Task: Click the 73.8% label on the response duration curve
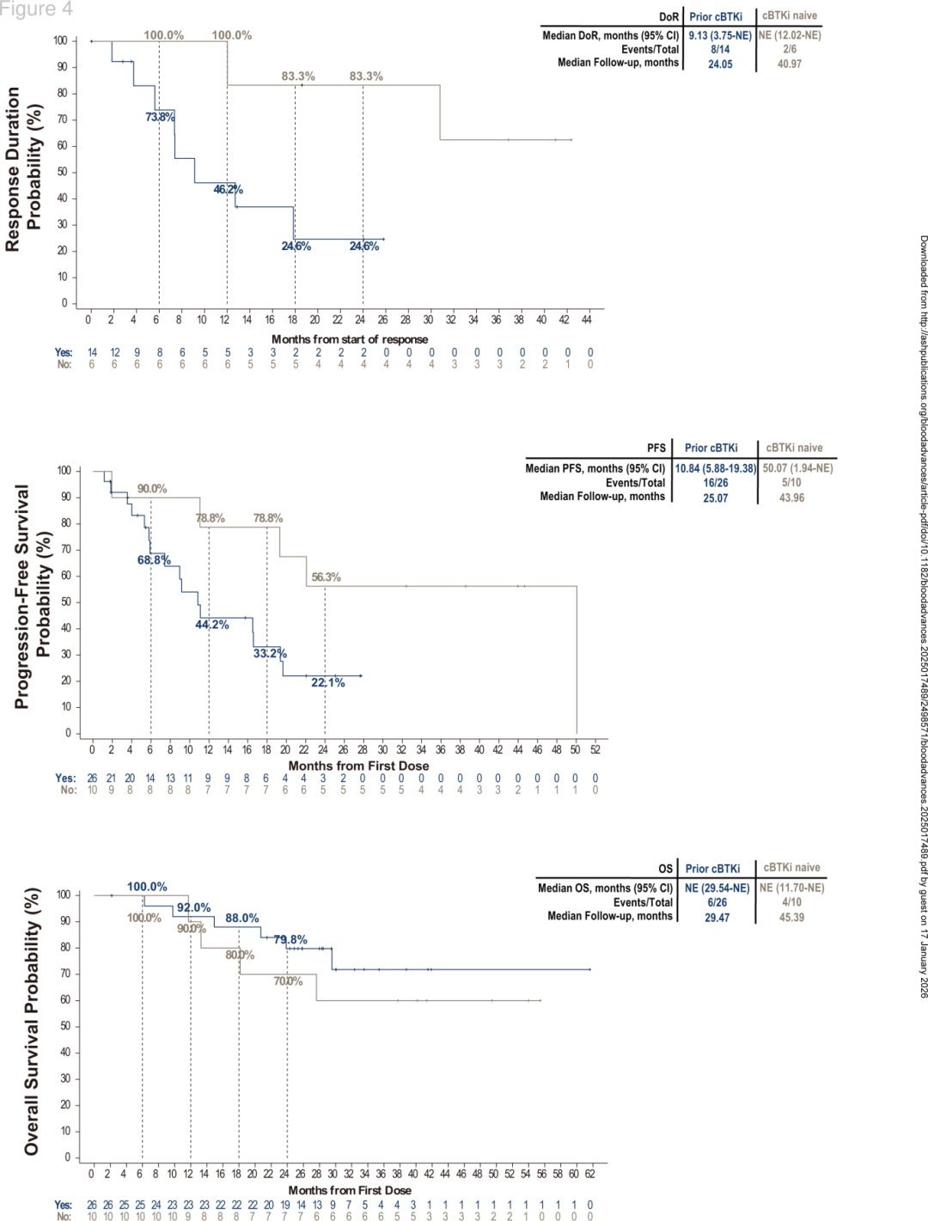(x=160, y=117)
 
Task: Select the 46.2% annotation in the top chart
(x=228, y=190)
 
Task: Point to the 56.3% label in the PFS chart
(x=326, y=577)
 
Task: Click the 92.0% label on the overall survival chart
(x=193, y=907)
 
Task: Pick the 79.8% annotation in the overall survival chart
(x=290, y=940)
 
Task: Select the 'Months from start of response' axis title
(x=350, y=339)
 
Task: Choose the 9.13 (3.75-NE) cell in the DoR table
(x=720, y=35)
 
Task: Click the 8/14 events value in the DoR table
(x=720, y=49)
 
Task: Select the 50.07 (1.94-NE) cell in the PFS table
(x=797, y=468)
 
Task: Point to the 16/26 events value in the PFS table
(x=715, y=482)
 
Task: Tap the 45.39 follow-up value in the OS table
(x=791, y=917)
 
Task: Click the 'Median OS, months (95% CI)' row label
(x=605, y=888)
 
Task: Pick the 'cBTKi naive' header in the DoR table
(x=790, y=15)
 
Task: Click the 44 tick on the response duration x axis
(x=587, y=320)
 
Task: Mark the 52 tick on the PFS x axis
(x=595, y=750)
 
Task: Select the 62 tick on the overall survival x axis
(x=590, y=1174)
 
